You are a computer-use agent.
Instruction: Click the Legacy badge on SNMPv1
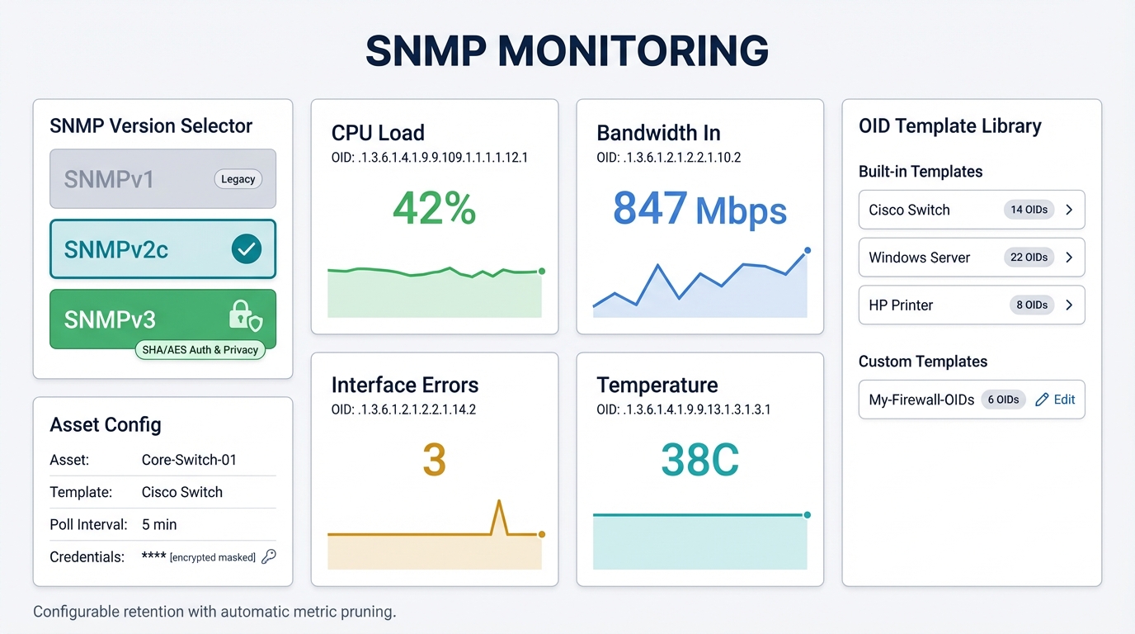point(238,179)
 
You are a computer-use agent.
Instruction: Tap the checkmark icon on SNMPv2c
point(246,248)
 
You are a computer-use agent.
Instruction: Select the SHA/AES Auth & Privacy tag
point(200,350)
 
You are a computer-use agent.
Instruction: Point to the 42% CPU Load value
point(434,208)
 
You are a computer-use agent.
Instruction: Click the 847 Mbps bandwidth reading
point(699,209)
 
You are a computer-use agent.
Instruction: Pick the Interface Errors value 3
point(434,461)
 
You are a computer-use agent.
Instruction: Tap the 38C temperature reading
point(699,461)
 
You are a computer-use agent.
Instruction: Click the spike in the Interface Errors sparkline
point(498,504)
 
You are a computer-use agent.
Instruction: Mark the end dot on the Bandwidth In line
point(808,250)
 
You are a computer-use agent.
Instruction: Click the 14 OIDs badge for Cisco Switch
point(1029,210)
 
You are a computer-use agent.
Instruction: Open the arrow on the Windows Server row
point(1069,258)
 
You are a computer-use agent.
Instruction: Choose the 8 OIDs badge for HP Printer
point(1031,305)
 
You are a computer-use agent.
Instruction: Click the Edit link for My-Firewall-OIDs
point(1055,400)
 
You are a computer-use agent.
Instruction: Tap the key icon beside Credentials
point(268,556)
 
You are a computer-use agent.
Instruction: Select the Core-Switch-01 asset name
point(189,460)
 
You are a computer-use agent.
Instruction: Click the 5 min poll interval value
point(159,524)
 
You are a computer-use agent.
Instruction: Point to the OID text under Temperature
point(683,409)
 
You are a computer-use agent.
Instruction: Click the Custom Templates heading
point(922,362)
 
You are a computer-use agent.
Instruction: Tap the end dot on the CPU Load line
point(542,271)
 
